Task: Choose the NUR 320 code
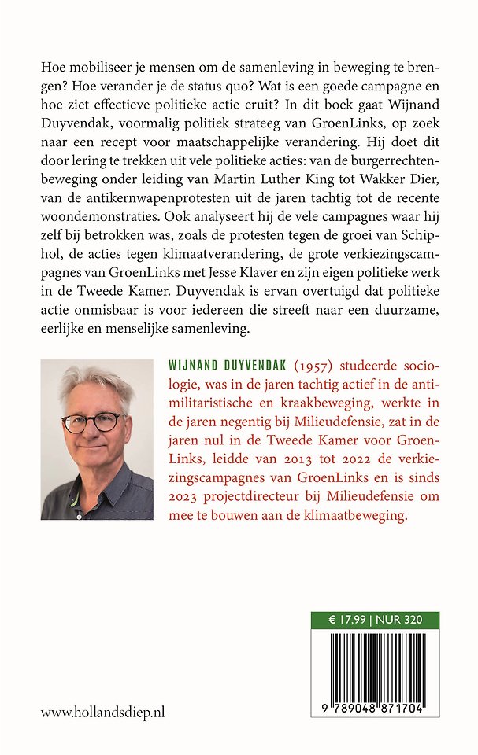click(397, 620)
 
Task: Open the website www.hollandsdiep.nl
click(102, 712)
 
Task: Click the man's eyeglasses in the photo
click(93, 421)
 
